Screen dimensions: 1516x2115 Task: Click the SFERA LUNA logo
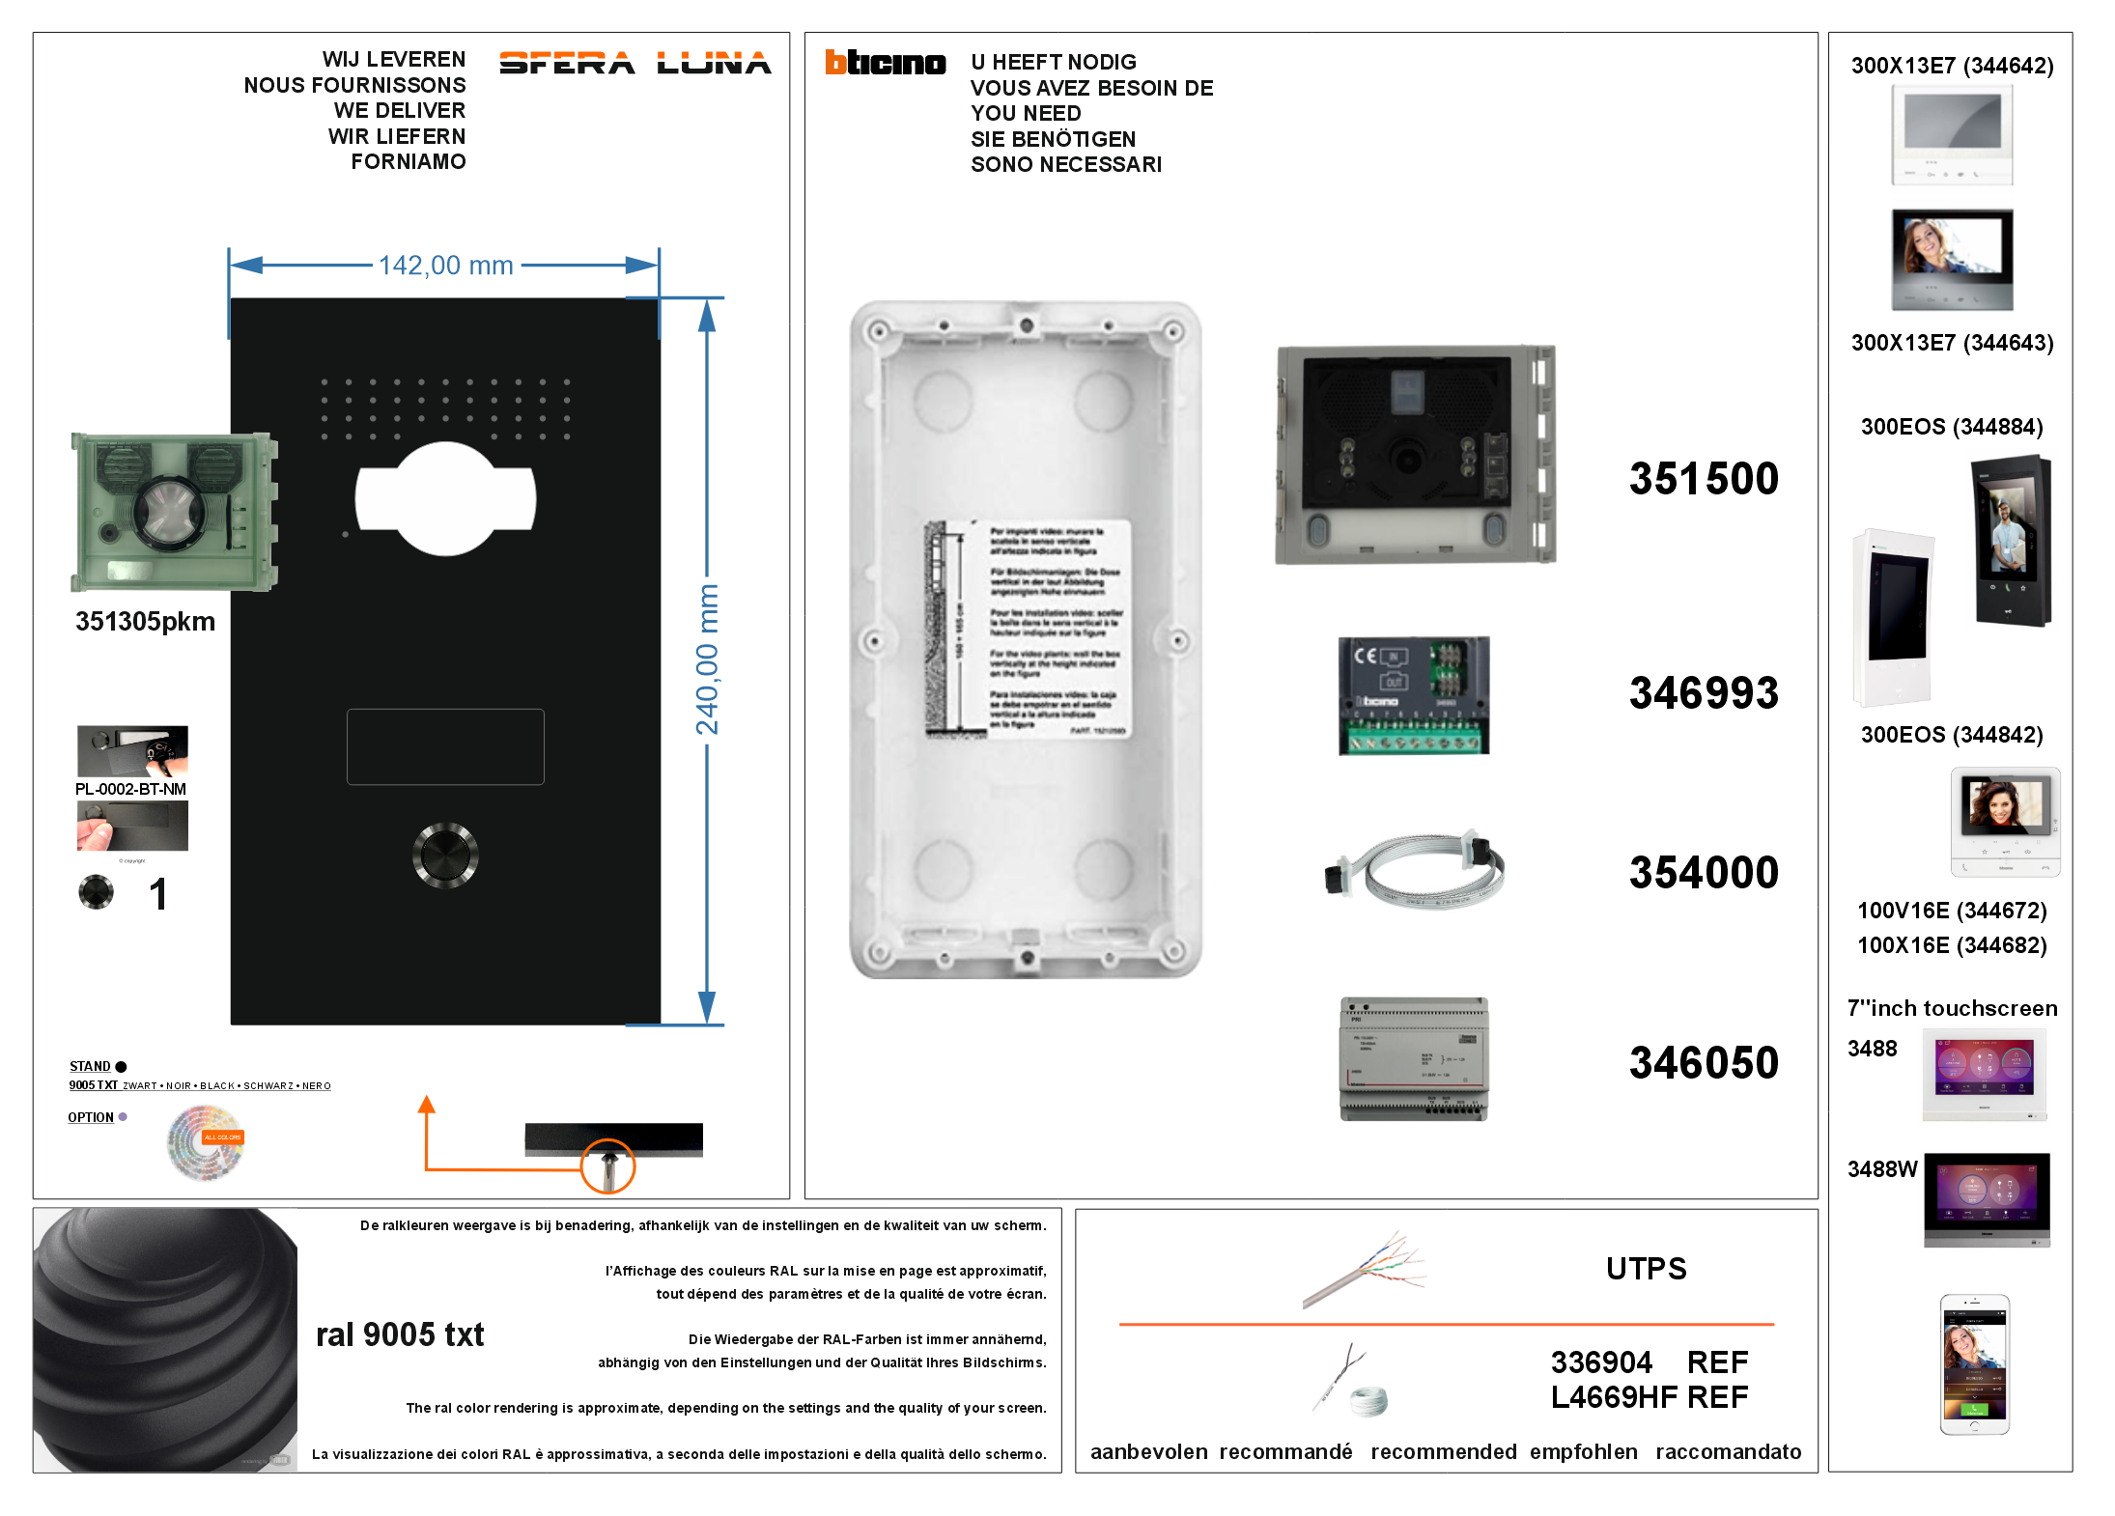[x=634, y=64]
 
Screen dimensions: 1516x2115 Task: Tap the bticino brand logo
[x=885, y=63]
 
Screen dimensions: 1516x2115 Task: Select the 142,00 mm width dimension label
[x=445, y=266]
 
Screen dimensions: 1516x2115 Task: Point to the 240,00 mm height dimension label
[x=708, y=660]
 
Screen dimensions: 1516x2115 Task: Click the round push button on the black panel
[x=445, y=855]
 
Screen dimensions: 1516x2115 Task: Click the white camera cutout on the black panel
[x=445, y=499]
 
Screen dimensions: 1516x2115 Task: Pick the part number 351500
[x=1703, y=479]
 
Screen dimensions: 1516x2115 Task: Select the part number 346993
[x=1703, y=693]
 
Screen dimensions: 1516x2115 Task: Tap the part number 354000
[x=1703, y=873]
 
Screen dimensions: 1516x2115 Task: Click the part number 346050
[x=1703, y=1063]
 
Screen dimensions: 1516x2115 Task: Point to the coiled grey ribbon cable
[x=1416, y=868]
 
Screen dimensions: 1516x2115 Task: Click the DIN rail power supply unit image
[x=1414, y=1059]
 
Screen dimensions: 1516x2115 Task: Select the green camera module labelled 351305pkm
[x=174, y=512]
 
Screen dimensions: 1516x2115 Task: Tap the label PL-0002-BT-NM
[x=130, y=789]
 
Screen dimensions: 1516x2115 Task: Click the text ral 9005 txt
[x=400, y=1334]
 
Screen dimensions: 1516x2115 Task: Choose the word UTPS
[x=1646, y=1269]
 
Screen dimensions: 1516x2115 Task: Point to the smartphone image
[x=1974, y=1364]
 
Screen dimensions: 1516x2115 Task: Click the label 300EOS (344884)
[x=1951, y=427]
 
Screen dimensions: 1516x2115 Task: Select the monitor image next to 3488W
[x=1986, y=1199]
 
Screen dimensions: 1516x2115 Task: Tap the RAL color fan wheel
[x=206, y=1143]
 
